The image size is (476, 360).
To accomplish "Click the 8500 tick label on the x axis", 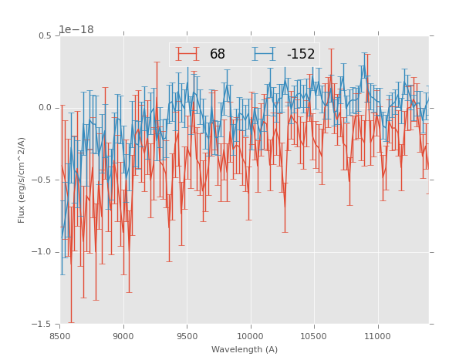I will click(x=60, y=336).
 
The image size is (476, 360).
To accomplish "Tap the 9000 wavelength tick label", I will click(x=123, y=336).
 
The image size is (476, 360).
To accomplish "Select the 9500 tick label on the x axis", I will click(x=187, y=336).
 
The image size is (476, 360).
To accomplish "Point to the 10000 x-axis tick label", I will click(x=250, y=336).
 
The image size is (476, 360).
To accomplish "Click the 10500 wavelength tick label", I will click(x=314, y=336).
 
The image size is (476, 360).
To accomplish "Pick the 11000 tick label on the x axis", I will click(x=377, y=336).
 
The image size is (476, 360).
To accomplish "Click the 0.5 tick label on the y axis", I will click(x=45, y=35).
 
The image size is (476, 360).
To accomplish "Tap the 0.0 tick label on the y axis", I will click(x=45, y=108).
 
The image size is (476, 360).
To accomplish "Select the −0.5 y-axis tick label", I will click(x=43, y=180).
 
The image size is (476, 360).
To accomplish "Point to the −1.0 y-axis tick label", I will click(x=43, y=252).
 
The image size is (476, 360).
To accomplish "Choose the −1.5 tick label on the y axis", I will click(x=43, y=325).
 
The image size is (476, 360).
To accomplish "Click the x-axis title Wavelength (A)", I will click(x=245, y=349).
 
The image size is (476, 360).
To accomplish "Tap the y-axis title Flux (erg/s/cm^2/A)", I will click(x=22, y=180).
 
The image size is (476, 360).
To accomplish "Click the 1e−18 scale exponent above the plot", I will click(x=76, y=30).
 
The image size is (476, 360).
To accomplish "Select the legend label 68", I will click(x=218, y=55).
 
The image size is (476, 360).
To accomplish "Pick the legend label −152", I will click(x=301, y=55).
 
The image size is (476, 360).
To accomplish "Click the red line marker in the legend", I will click(x=187, y=55).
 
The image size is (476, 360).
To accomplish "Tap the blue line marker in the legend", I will click(x=265, y=55).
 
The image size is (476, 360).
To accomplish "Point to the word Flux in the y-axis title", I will click(x=22, y=215).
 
